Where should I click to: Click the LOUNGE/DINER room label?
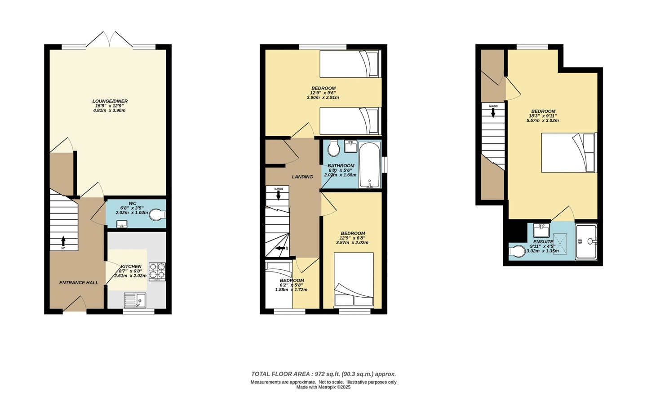click(x=110, y=101)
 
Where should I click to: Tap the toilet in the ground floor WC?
click(x=157, y=215)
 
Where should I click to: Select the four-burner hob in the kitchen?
click(x=157, y=272)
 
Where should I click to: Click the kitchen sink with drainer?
click(x=135, y=300)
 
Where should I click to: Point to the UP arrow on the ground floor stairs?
click(x=63, y=241)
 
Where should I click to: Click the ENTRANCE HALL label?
click(x=79, y=283)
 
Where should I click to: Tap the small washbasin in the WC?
click(x=122, y=224)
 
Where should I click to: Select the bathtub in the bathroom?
click(x=369, y=165)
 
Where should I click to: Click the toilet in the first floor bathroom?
click(x=333, y=148)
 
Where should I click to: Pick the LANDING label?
click(x=302, y=177)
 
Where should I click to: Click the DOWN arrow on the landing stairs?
click(x=279, y=196)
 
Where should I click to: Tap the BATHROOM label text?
click(x=341, y=166)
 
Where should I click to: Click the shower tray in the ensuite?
click(x=586, y=241)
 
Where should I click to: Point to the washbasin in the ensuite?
click(x=541, y=231)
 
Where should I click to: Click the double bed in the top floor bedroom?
click(x=569, y=152)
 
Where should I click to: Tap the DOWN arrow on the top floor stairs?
click(x=493, y=113)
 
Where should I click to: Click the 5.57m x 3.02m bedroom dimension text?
click(x=543, y=120)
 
